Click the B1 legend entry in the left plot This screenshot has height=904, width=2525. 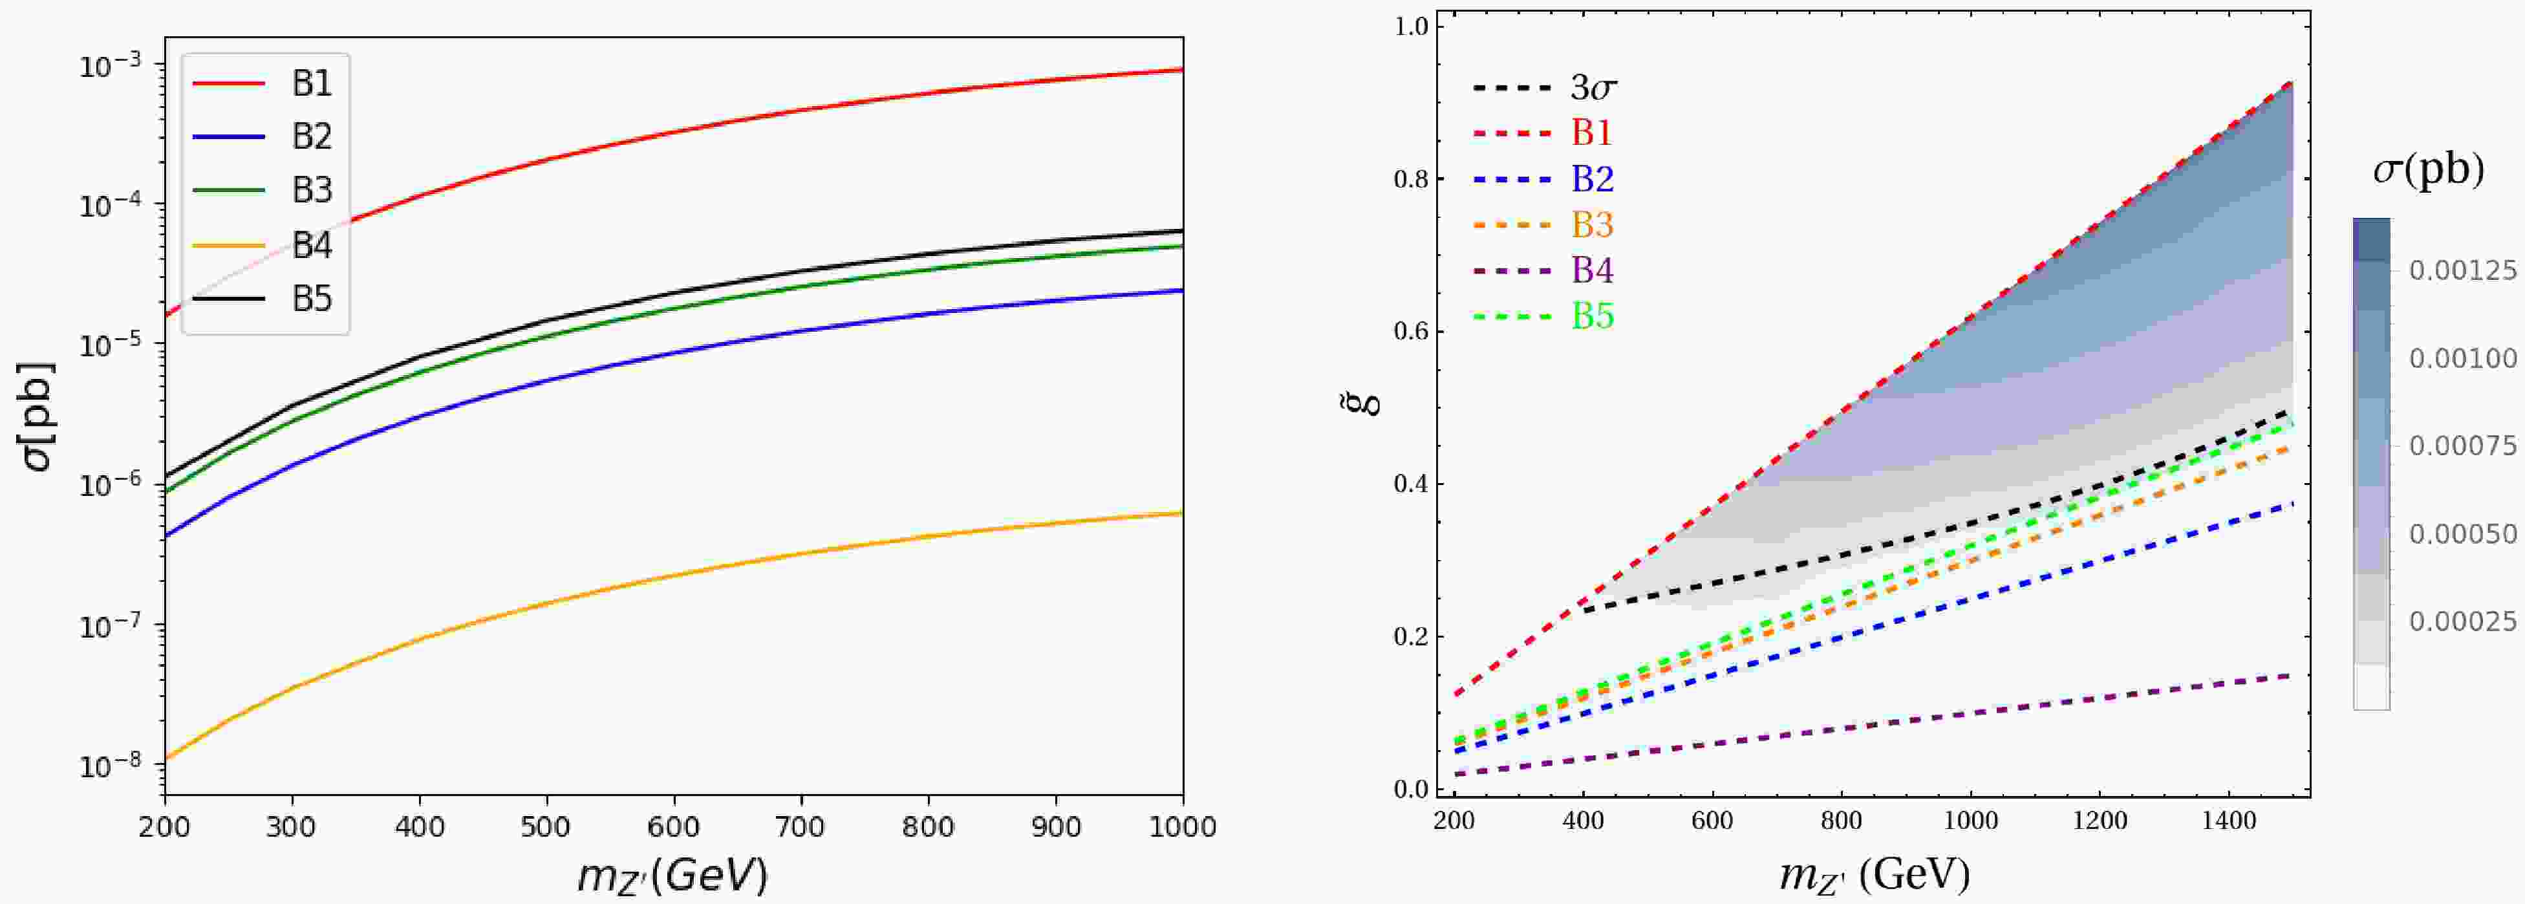point(312,84)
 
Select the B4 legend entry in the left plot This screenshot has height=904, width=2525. point(312,245)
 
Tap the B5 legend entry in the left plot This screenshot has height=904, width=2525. point(312,299)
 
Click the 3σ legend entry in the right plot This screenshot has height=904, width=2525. point(1593,88)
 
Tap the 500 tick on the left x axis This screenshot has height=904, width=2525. point(545,826)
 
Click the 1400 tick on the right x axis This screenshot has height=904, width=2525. point(2228,820)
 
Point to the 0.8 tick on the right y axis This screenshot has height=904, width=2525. point(1412,179)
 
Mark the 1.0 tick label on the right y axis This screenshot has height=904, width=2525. point(1412,27)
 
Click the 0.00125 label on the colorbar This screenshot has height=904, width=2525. point(2462,270)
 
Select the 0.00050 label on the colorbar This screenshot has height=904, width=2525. point(2462,534)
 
